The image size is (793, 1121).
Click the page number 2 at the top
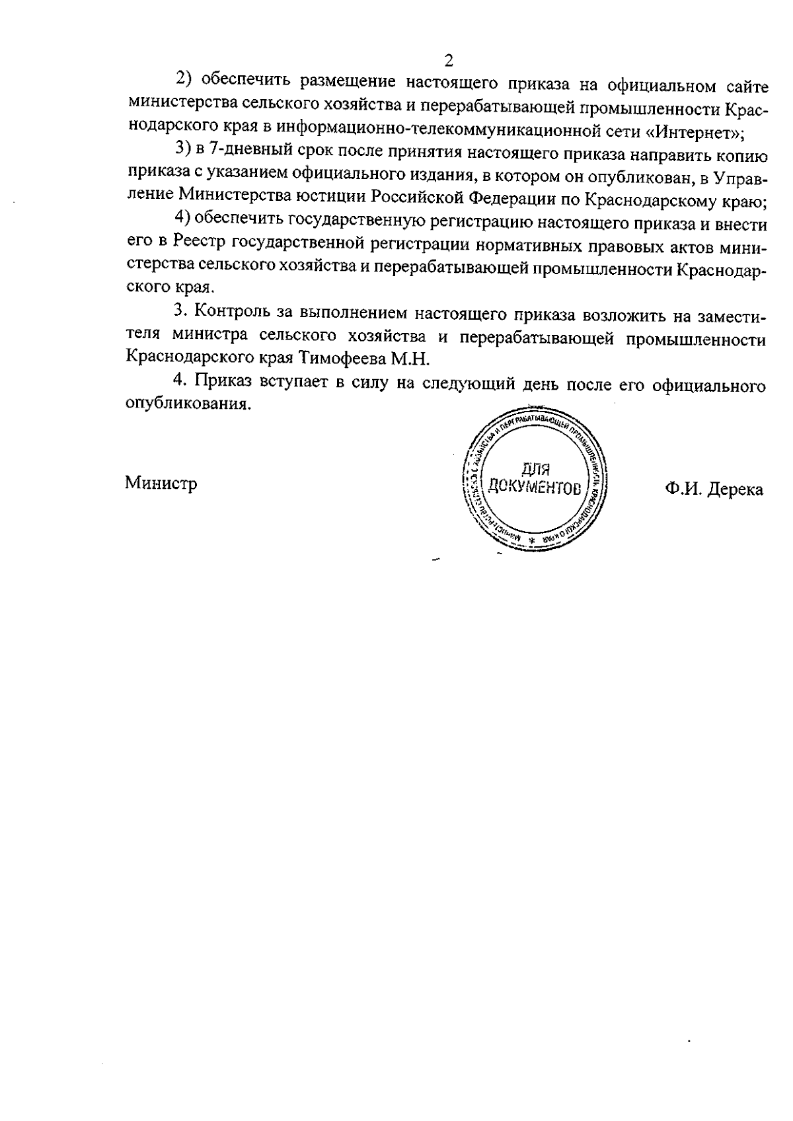(449, 61)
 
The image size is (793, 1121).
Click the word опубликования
(188, 404)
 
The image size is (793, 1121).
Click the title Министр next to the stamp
(161, 484)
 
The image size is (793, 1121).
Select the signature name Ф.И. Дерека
(714, 489)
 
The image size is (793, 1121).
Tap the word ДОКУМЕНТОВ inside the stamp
(535, 489)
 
